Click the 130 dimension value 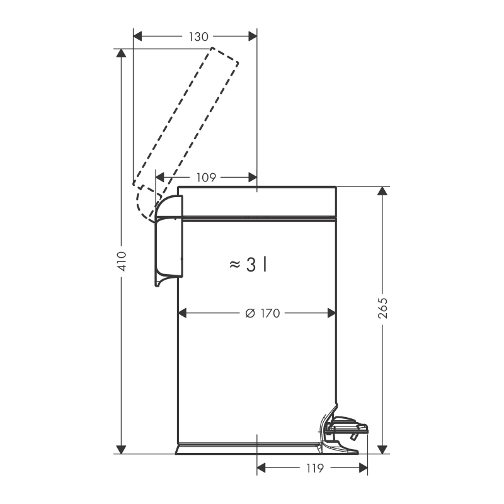198,37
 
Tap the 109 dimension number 206,178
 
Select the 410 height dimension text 122,261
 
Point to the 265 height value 382,308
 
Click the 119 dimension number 314,468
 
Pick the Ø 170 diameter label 263,313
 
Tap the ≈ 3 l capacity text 248,265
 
